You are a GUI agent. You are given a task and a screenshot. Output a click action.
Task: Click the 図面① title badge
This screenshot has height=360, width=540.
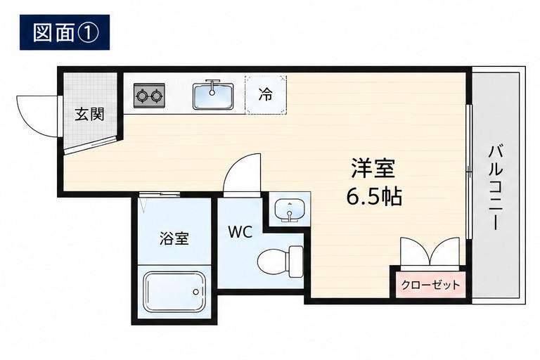point(65,32)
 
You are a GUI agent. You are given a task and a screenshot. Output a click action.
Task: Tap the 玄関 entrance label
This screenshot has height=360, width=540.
point(89,114)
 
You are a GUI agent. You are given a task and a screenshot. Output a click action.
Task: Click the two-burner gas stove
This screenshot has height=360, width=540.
point(149,95)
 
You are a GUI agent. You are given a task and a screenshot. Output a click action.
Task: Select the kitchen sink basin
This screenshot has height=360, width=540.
point(213,96)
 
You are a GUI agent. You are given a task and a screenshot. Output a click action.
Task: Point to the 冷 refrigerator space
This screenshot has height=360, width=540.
point(266,95)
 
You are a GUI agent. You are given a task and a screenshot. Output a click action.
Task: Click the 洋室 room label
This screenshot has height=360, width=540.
point(373,168)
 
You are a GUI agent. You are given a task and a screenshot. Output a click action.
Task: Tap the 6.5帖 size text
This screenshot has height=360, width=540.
point(373,197)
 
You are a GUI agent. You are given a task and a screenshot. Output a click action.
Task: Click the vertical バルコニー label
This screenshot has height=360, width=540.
point(496,188)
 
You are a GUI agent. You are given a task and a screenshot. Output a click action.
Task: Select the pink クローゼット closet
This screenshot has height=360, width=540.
point(430,285)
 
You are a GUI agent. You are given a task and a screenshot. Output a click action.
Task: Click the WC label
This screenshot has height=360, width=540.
point(240,232)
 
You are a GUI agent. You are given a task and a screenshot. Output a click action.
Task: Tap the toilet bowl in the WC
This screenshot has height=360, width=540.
point(280,262)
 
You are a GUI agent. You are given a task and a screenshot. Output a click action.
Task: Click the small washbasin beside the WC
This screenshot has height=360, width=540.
point(289,210)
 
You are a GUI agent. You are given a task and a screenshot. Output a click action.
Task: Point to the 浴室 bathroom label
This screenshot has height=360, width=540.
point(174,238)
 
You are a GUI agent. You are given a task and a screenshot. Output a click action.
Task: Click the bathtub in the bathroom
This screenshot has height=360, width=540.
point(174,291)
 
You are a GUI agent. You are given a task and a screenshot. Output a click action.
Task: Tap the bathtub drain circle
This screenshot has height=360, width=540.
point(196,292)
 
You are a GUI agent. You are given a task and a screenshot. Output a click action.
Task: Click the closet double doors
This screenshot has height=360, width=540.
point(430,252)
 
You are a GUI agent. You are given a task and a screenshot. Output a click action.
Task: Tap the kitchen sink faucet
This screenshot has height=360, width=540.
point(212,86)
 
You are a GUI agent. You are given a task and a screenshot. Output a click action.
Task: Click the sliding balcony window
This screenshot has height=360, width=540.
point(468,172)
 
